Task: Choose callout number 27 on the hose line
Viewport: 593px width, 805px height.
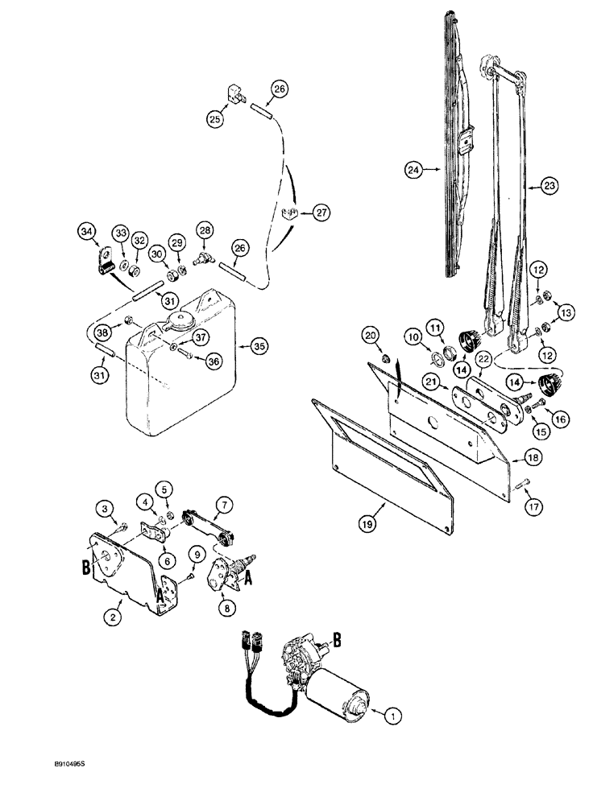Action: (x=321, y=213)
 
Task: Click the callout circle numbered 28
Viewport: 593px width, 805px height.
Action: (x=205, y=232)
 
